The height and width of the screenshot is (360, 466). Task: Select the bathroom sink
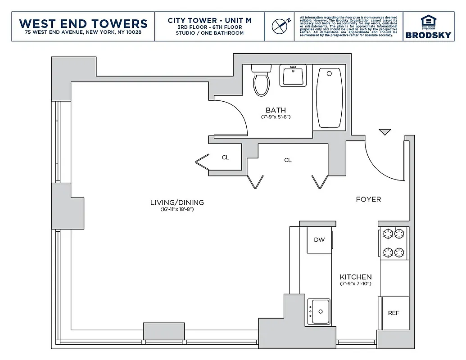293,75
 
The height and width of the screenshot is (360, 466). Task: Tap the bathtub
330,98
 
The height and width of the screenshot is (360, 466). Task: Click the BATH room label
276,110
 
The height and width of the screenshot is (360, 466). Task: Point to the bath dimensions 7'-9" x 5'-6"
276,117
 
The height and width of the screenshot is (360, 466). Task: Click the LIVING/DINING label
177,202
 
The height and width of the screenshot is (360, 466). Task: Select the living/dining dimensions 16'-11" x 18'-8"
177,209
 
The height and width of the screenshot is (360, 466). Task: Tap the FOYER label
368,199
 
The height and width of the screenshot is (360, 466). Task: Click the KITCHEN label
356,277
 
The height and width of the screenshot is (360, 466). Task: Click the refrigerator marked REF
394,312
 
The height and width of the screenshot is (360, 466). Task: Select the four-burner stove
394,243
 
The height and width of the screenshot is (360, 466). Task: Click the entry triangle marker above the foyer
385,132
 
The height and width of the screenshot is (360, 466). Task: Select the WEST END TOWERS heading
83,23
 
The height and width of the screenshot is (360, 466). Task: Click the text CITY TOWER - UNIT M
209,20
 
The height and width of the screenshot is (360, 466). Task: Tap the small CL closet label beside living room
226,157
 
